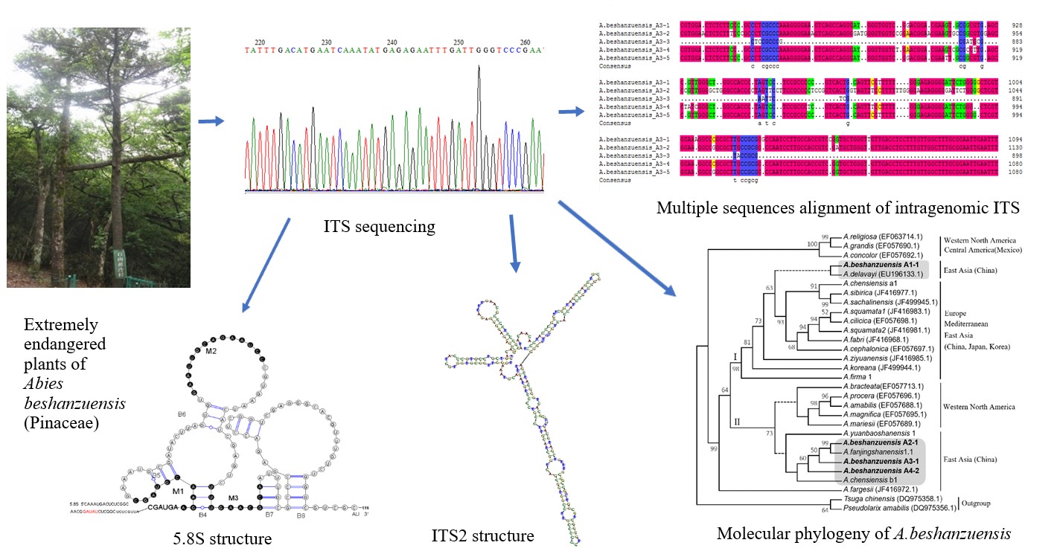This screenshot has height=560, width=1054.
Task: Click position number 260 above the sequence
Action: point(525,42)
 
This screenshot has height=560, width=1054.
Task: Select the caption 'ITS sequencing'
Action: point(380,227)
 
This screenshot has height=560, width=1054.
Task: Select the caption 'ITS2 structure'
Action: point(482,535)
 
